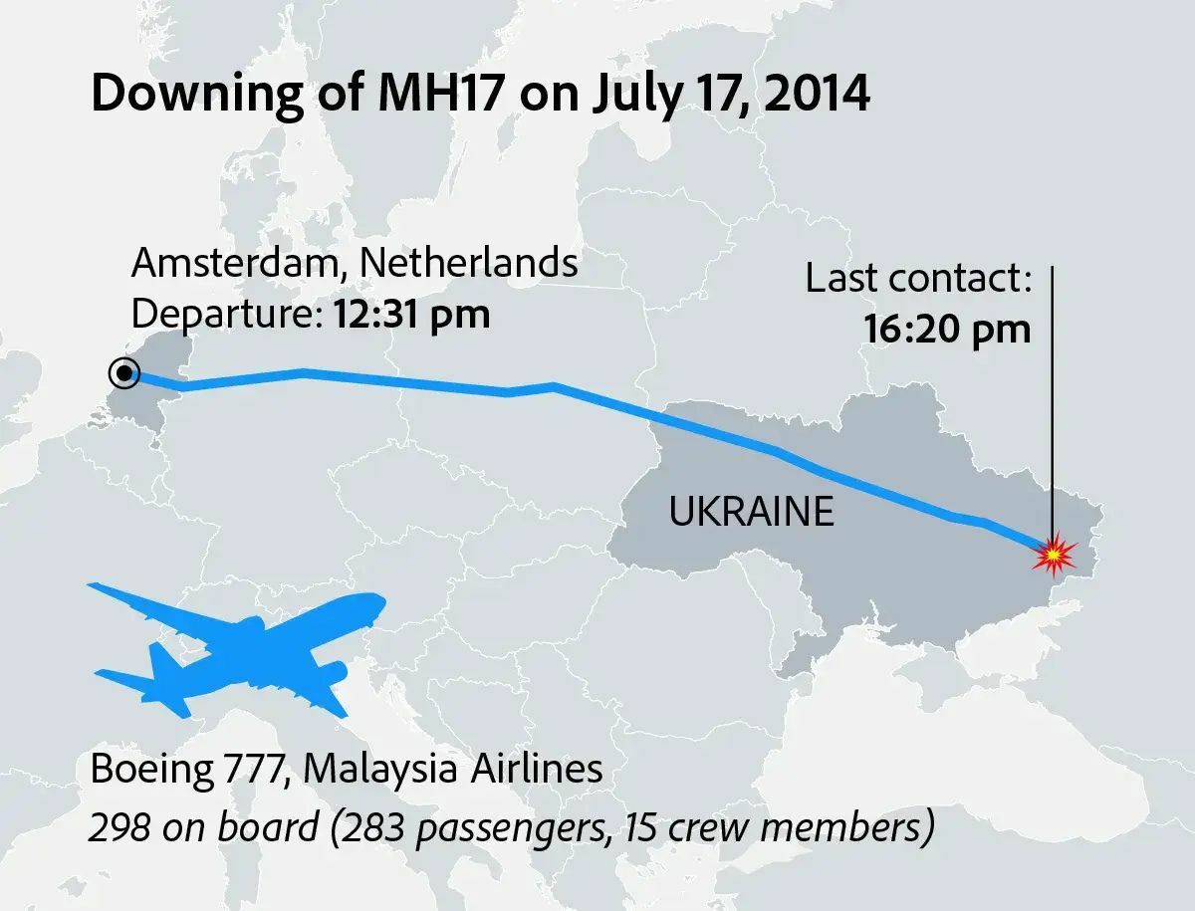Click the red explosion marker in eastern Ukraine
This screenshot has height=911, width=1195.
tap(1052, 555)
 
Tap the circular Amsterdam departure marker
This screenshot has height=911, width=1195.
tap(124, 373)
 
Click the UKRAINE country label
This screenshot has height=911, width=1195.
tap(751, 512)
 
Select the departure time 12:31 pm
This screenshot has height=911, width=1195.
tap(410, 315)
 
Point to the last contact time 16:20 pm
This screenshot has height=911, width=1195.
tap(947, 329)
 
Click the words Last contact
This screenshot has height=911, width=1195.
tap(917, 280)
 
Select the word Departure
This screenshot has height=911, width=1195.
tap(219, 315)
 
